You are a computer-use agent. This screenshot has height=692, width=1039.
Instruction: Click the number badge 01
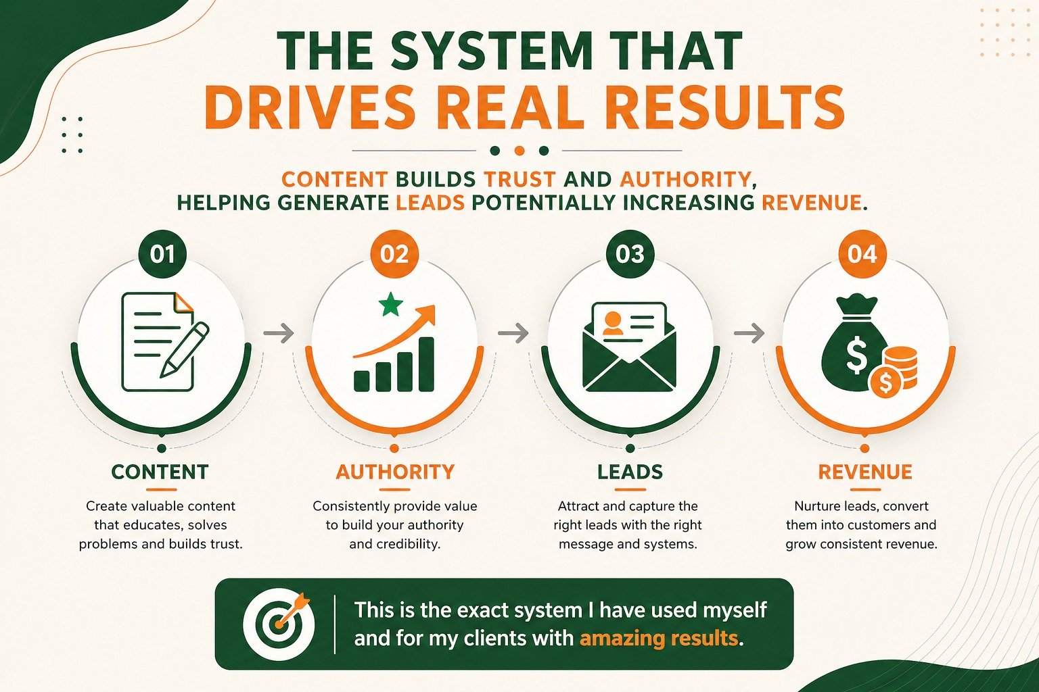pos(162,254)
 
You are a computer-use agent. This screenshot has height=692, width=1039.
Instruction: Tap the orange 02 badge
pos(395,254)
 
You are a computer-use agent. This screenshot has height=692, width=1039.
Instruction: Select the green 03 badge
pos(630,254)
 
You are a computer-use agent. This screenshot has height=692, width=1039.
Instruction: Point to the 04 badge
pos(862,254)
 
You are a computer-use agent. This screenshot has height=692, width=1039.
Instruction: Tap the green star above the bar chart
pos(390,304)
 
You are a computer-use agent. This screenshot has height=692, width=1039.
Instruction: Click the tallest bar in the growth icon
pos(426,364)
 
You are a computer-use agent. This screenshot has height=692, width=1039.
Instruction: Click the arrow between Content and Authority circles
pos(278,332)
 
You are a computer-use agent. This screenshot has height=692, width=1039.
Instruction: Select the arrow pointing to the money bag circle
pos(749,332)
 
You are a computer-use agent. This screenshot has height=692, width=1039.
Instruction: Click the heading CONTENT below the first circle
pos(160,472)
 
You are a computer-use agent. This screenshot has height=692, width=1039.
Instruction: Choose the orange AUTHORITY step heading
pos(395,472)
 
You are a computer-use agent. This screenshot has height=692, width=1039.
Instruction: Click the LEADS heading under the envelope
pos(630,472)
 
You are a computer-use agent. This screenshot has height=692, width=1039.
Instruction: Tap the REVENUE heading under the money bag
pos(865,472)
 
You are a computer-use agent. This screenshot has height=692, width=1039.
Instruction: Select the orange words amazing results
pos(659,639)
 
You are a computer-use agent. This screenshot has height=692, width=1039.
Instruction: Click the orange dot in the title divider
pos(519,151)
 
